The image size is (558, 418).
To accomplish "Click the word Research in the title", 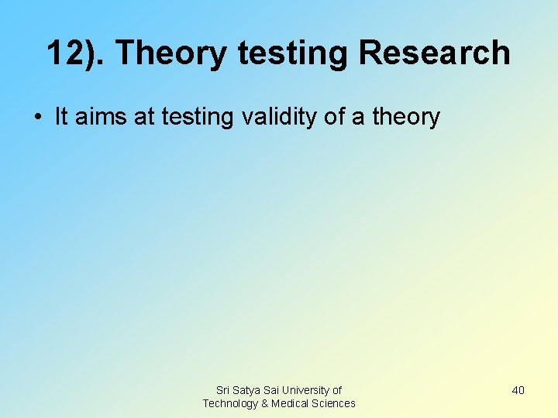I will pos(435,53).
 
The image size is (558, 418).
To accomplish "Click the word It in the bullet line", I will pos(61,117).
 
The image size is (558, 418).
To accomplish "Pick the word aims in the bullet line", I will pos(100,117).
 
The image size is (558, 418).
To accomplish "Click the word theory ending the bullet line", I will pos(406,118).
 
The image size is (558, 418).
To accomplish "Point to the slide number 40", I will pos(518,390).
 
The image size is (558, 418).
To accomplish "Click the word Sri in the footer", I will pos(223,390).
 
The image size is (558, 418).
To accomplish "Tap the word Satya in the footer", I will pos(249,390).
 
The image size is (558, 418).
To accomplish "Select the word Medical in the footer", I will pos(290,403).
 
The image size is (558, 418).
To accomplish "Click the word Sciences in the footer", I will pos(334,403).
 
